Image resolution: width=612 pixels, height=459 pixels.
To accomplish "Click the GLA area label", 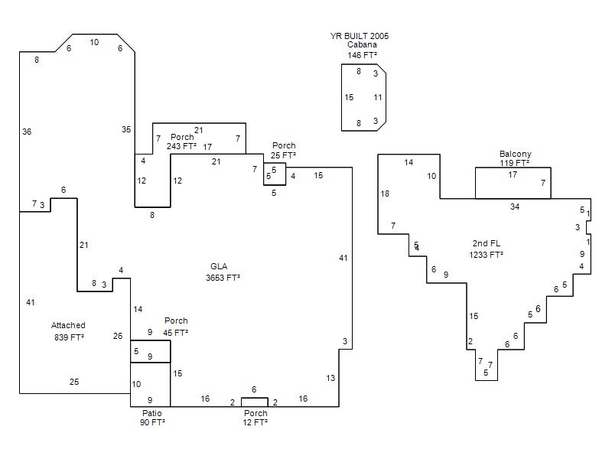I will (x=218, y=267).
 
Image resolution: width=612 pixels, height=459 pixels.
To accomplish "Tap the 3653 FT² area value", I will (x=223, y=278).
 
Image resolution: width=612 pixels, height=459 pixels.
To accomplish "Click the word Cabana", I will (x=362, y=45).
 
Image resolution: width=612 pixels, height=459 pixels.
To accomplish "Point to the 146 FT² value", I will (x=362, y=55).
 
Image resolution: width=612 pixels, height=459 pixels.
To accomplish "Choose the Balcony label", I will (x=515, y=154).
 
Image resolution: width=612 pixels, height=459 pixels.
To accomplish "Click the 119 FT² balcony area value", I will (x=514, y=163).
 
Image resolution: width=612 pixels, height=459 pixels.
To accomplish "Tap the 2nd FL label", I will (x=486, y=244).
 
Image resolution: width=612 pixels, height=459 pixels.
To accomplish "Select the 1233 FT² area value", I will (x=486, y=255).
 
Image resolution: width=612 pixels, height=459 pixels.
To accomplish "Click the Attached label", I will (x=68, y=325).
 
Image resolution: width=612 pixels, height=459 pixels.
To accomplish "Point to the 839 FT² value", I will (x=69, y=337).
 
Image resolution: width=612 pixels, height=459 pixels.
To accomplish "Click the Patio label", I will (x=151, y=413).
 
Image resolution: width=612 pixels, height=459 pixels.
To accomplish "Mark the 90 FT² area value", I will (x=152, y=422).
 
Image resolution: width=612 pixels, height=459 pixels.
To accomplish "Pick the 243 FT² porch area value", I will (x=181, y=146).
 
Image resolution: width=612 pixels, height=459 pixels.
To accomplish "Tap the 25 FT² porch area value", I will (x=283, y=155).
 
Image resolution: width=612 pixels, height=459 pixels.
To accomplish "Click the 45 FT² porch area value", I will (x=175, y=333).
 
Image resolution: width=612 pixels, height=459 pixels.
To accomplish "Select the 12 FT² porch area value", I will (x=255, y=422).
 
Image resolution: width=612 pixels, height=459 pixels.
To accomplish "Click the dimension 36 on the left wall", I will (x=27, y=132).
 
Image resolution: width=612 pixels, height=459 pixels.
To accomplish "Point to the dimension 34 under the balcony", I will (x=515, y=207).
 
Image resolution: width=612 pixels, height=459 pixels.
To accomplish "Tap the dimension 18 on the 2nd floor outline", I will (x=385, y=194).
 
